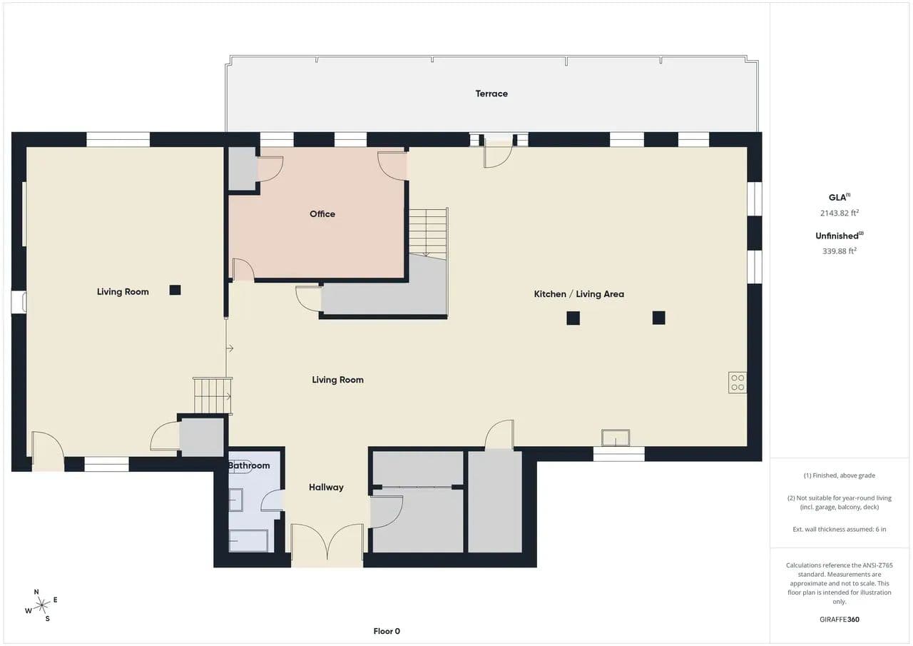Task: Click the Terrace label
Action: tap(491, 94)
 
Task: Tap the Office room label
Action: tap(322, 213)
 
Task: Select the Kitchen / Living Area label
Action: tap(578, 293)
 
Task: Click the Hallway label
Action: tap(326, 487)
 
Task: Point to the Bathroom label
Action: tap(249, 465)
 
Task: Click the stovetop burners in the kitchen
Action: tap(738, 383)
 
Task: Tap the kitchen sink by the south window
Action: tap(616, 438)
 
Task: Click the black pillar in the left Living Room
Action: tap(175, 290)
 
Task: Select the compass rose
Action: tap(41, 605)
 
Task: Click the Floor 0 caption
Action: tap(387, 631)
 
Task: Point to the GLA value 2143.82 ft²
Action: tap(840, 213)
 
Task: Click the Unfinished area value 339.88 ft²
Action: tap(840, 251)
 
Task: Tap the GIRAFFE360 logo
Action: tap(840, 620)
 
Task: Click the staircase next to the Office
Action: tap(429, 233)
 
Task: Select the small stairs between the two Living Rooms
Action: tap(213, 395)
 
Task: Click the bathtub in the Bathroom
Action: tap(248, 540)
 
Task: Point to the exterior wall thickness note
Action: tap(840, 530)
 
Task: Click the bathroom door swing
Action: tap(272, 500)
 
